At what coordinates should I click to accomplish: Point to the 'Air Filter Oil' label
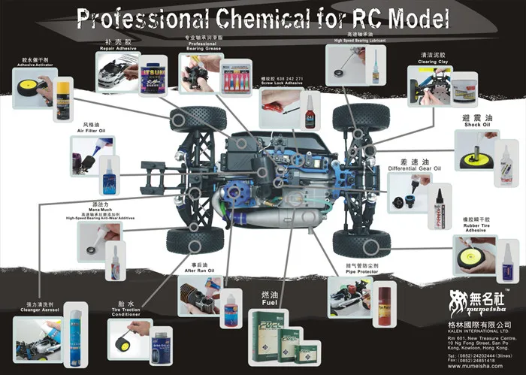[91, 130]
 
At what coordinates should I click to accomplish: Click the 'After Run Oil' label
[201, 271]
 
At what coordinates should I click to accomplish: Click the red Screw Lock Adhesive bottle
[310, 113]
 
